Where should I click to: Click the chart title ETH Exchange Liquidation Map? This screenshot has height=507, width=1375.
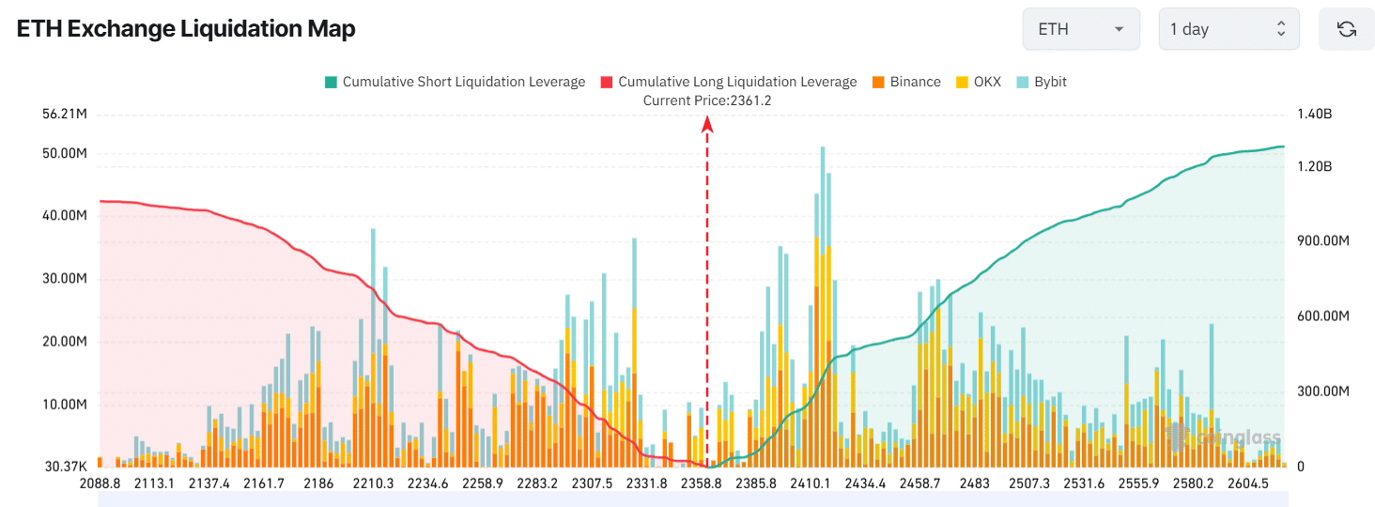pos(186,29)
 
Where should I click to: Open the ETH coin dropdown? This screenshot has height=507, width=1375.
pos(1080,29)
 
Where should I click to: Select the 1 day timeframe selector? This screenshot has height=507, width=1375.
pos(1228,29)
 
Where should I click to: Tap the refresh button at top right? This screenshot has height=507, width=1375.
pos(1346,29)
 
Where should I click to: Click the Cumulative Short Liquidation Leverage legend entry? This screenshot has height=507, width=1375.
pos(455,82)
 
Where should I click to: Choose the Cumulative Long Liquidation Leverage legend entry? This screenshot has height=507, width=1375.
pos(728,82)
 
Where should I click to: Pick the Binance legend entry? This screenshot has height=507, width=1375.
pos(906,82)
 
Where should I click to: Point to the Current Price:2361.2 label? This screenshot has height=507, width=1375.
pos(707,100)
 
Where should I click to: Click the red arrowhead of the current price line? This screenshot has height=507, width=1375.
pos(707,123)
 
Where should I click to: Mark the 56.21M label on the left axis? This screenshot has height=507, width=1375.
pos(65,115)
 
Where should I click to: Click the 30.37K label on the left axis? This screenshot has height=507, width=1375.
pos(65,467)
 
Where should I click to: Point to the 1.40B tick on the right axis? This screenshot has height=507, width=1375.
pos(1315,115)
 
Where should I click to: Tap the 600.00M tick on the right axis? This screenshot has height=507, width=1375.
pos(1322,316)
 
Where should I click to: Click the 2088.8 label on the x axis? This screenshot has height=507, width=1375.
pos(100,484)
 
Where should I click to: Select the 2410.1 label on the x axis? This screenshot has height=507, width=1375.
pos(810,484)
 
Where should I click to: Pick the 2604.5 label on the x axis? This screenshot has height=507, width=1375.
pos(1248,484)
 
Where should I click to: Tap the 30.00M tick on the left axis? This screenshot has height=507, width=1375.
pos(65,279)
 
